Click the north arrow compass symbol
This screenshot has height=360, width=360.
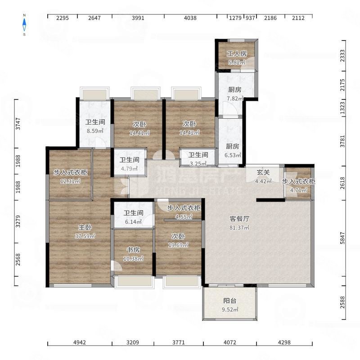24,25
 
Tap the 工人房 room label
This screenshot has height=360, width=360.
237,54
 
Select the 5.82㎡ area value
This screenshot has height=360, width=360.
237,62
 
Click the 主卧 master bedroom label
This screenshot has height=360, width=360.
85,227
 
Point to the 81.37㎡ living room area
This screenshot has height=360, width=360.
239,228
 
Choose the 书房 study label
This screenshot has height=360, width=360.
133,250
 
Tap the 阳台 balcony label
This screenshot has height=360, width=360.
230,301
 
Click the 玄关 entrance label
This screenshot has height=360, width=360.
263,172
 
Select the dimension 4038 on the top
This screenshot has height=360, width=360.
190,18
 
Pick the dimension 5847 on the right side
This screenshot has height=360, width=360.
342,238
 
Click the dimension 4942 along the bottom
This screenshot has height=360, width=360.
80,342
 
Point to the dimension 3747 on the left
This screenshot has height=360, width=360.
18,124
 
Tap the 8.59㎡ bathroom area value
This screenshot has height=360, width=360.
95,131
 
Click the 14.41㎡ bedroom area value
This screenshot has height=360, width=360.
139,133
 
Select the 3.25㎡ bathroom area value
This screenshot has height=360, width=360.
198,164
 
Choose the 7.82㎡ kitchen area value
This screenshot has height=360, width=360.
235,99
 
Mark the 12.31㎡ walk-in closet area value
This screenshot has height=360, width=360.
70,181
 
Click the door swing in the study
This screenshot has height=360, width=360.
117,265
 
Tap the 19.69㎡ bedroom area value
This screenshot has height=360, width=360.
178,245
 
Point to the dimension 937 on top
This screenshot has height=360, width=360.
250,18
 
